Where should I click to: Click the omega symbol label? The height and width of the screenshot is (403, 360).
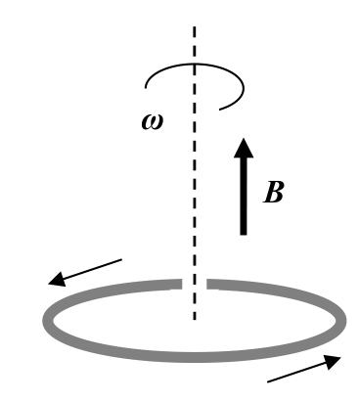(153, 122)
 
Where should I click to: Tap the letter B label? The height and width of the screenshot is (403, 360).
(273, 192)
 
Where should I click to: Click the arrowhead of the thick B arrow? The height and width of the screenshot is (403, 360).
(244, 149)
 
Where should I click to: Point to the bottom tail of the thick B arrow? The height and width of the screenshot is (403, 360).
(244, 234)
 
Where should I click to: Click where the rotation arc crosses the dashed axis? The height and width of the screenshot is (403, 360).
(195, 64)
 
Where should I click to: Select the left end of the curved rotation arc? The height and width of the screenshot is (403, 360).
(146, 87)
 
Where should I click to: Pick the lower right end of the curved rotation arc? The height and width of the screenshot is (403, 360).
(220, 110)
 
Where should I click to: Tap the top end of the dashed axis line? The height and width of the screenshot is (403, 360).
(195, 26)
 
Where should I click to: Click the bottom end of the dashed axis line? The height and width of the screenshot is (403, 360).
(195, 320)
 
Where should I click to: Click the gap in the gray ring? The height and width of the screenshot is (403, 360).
(195, 284)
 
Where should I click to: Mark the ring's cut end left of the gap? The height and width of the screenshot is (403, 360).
(182, 284)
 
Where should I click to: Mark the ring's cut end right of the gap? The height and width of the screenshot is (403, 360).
(207, 284)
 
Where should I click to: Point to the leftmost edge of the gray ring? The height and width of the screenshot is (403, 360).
(43, 321)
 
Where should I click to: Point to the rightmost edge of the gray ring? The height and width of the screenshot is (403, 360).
(345, 321)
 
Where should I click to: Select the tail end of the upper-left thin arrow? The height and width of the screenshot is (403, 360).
(121, 259)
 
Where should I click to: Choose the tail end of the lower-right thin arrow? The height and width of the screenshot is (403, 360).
(268, 381)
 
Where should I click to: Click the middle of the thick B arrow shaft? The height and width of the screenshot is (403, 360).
(244, 196)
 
